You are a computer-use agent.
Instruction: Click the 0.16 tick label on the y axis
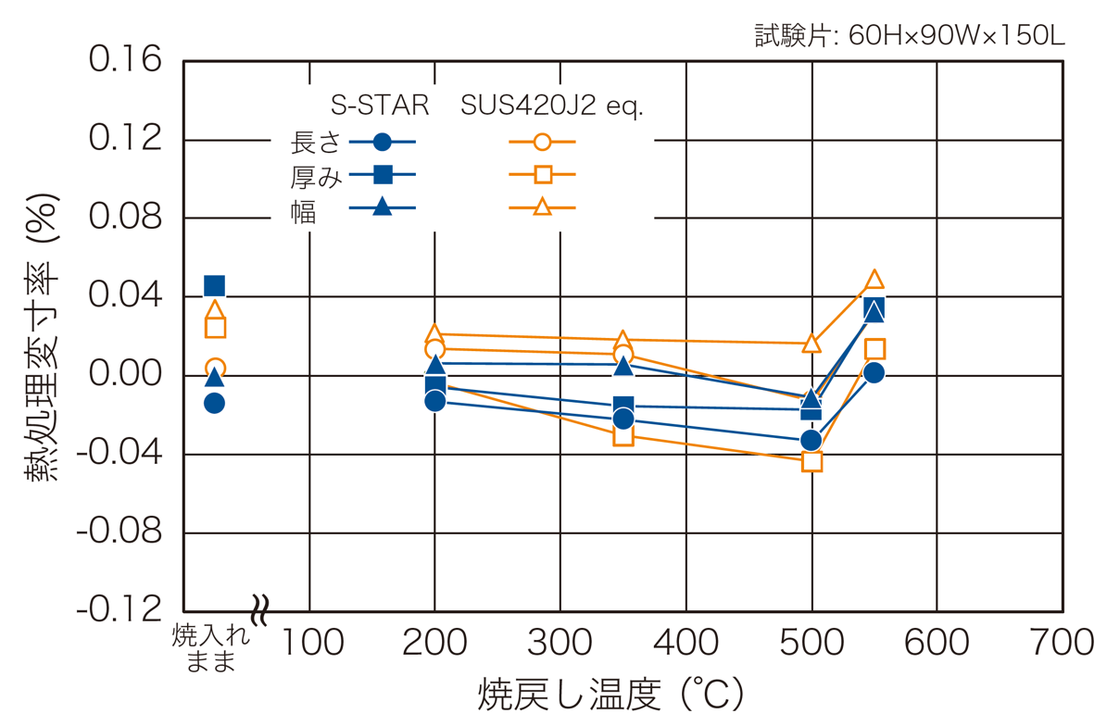125,60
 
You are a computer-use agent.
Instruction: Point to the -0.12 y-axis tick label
120,610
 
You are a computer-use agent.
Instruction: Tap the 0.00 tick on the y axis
125,375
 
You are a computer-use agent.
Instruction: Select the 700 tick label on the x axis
1062,643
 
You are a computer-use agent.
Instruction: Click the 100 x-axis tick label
310,643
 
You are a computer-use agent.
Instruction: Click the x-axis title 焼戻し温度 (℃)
610,695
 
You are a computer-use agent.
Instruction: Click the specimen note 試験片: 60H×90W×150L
910,36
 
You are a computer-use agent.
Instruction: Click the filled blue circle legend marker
382,142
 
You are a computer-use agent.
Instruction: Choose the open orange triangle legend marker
543,207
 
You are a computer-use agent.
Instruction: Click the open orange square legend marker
543,174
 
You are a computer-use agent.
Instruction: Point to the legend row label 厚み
316,176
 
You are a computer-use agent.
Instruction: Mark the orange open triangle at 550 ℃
874,279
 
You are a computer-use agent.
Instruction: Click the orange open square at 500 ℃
811,461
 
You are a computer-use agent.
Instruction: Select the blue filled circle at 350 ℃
623,419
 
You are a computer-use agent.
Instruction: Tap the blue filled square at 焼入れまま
214,285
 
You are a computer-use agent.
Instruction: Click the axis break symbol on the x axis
260,611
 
